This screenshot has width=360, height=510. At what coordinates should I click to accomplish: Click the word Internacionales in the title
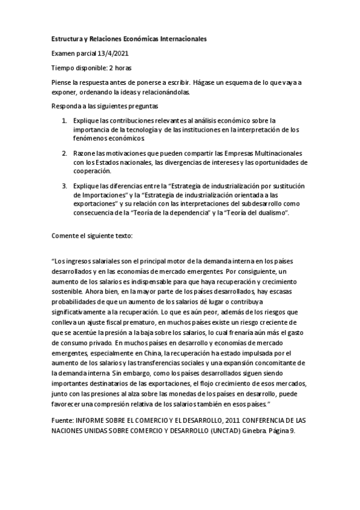[183, 38]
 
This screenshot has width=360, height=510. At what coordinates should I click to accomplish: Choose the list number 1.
[64, 120]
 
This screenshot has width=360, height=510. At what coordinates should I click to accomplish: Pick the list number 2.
[64, 153]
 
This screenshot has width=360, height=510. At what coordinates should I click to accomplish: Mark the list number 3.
[64, 186]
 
